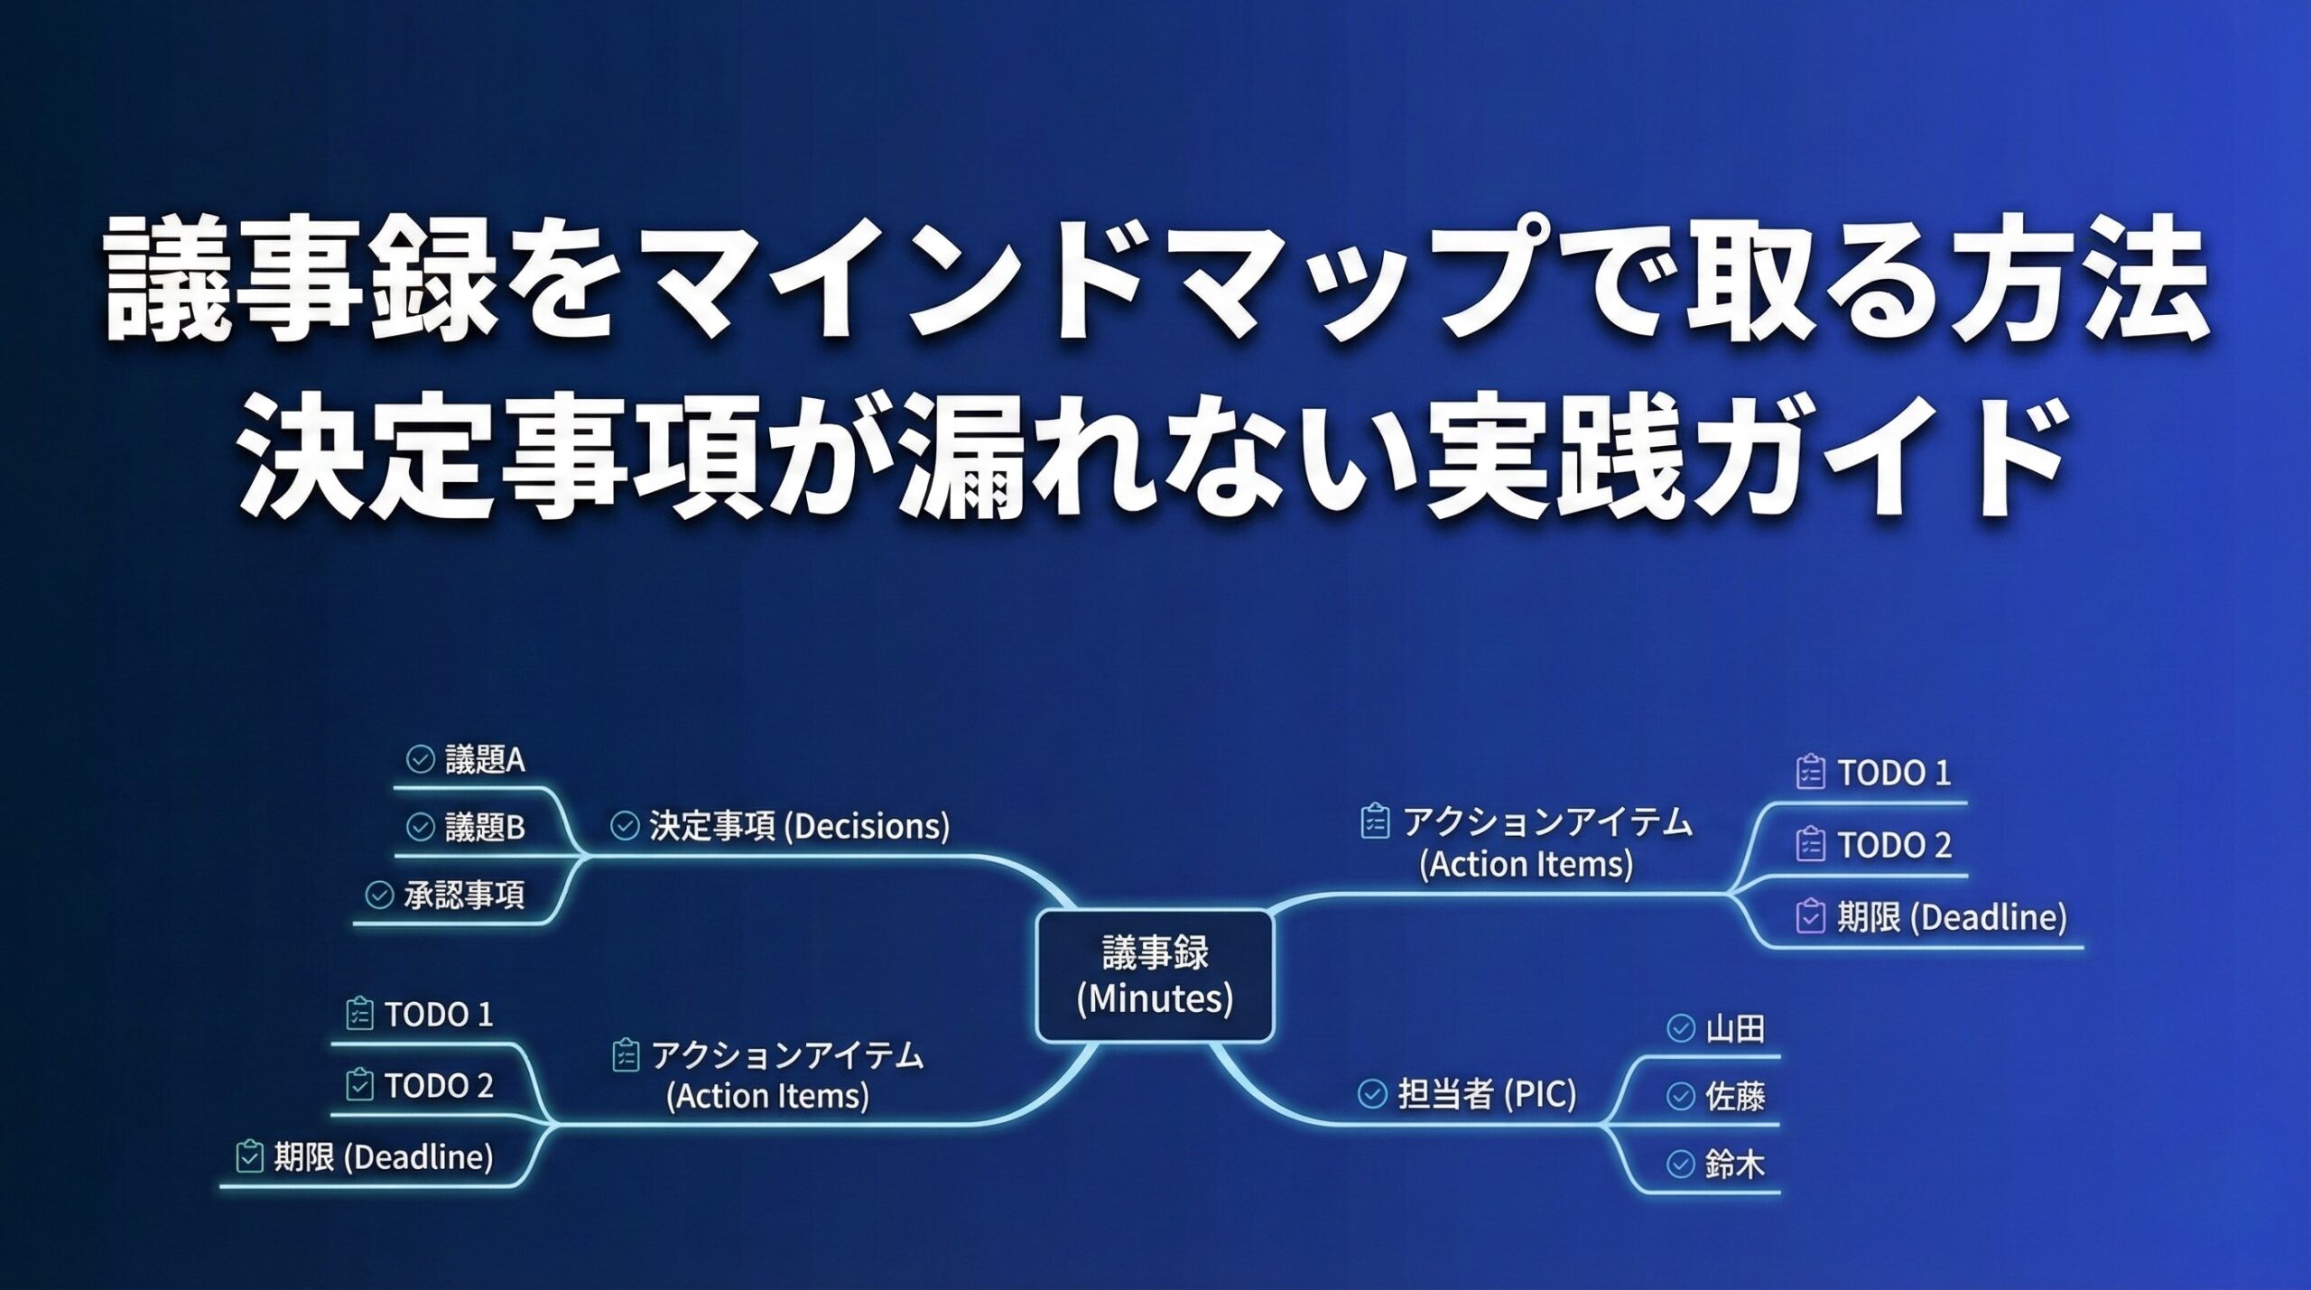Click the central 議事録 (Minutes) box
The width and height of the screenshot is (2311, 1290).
[x=1155, y=976]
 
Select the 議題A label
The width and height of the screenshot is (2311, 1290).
[x=485, y=760]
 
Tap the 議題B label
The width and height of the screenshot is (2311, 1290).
[x=485, y=828]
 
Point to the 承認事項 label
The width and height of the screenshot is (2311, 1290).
[x=464, y=896]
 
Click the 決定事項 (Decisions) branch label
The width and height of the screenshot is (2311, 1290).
[x=799, y=826]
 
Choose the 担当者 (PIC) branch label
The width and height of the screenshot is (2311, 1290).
[x=1487, y=1094]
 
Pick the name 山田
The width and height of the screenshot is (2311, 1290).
[x=1735, y=1029]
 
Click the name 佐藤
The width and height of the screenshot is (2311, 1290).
[x=1735, y=1097]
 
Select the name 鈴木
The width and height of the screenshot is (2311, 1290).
[x=1735, y=1165]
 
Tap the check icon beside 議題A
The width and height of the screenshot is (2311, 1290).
[x=420, y=760]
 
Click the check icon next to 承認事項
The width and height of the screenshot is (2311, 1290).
[x=379, y=896]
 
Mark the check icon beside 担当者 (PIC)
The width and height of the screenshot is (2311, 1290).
[x=1372, y=1094]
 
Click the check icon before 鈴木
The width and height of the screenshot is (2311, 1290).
[x=1680, y=1165]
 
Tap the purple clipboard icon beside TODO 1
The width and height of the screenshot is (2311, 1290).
[x=1810, y=772]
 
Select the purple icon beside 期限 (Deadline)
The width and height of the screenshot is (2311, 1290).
[x=1810, y=916]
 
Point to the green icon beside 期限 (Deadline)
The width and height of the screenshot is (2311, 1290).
[x=249, y=1156]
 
